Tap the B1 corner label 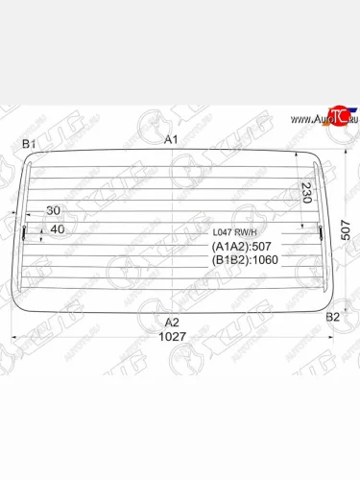(29, 144)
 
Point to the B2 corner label (332, 316)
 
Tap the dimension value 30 (52, 210)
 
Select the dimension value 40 (57, 228)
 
